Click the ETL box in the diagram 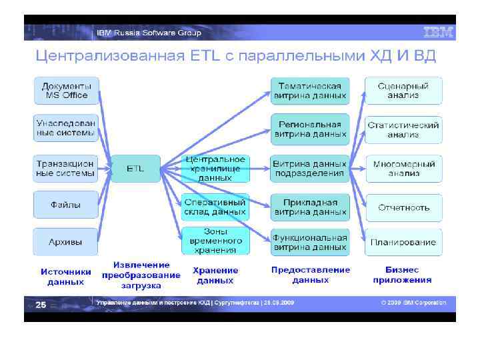tap(135, 169)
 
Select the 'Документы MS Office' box tap(67, 90)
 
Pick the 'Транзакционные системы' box tap(66, 168)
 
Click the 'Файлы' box tap(66, 205)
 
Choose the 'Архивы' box tap(66, 241)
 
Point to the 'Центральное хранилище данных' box tap(215, 169)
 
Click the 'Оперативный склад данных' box tap(215, 207)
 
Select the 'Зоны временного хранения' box tap(215, 241)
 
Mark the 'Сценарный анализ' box tap(403, 91)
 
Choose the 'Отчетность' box tap(403, 207)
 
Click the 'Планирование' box tap(403, 242)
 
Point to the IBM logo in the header tap(438, 32)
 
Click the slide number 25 tap(41, 304)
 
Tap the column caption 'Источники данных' tap(66, 277)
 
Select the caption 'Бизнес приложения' tap(402, 275)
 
